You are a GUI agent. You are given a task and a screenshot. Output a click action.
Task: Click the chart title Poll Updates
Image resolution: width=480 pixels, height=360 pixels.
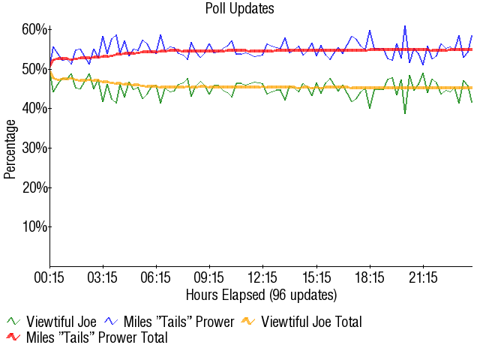pyautogui.click(x=239, y=9)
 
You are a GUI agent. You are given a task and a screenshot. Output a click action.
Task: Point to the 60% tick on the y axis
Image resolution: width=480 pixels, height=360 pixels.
pyautogui.click(x=34, y=29)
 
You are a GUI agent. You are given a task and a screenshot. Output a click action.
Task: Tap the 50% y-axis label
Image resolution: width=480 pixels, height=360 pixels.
pyautogui.click(x=34, y=69)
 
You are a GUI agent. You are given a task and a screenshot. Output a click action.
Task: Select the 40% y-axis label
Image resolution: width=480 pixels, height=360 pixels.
pyautogui.click(x=34, y=108)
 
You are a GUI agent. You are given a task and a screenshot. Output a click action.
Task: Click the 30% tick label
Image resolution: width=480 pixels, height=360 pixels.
pyautogui.click(x=34, y=148)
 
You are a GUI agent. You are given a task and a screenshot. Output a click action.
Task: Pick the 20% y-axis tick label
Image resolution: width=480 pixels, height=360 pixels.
pyautogui.click(x=34, y=187)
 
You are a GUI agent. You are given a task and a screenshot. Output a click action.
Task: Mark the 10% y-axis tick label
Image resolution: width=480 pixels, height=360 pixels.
pyautogui.click(x=34, y=226)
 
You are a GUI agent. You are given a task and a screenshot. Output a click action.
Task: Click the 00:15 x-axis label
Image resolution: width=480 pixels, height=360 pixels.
pyautogui.click(x=50, y=277)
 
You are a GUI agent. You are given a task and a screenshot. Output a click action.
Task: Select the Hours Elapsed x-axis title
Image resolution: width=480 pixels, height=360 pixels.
pyautogui.click(x=261, y=294)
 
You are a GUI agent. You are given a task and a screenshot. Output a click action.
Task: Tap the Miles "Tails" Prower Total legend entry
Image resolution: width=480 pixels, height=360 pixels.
pyautogui.click(x=96, y=337)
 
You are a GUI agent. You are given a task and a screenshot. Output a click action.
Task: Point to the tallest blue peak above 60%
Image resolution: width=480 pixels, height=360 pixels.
pyautogui.click(x=405, y=26)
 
